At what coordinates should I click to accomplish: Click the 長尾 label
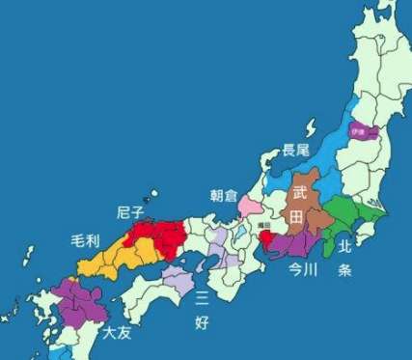295,151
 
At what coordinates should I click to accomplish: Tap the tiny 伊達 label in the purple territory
358,129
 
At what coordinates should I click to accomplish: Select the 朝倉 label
223,195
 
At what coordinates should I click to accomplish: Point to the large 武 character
300,194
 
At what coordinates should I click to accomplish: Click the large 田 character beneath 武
299,218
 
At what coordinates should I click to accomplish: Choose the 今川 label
305,270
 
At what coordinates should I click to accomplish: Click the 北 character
344,246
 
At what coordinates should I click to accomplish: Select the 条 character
344,271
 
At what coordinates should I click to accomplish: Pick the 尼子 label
131,211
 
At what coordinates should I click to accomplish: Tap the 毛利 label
86,238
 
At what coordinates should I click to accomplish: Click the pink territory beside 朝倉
248,208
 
